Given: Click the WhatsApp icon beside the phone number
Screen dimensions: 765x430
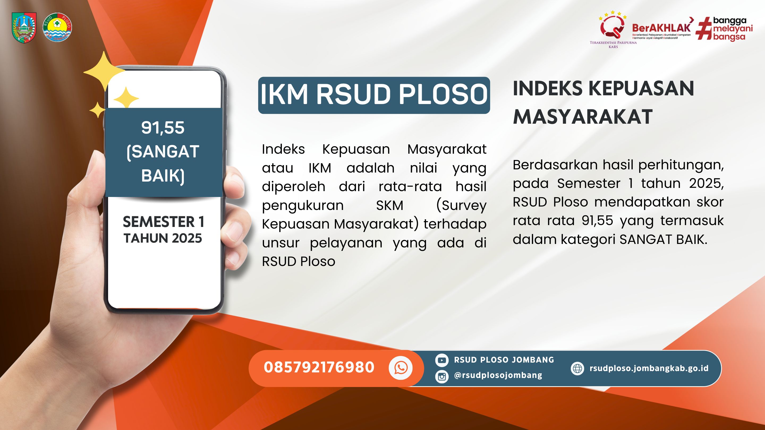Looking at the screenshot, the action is (401, 368).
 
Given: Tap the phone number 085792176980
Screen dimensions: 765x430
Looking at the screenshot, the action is (319, 367).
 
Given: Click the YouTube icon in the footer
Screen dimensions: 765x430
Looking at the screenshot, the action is (441, 360).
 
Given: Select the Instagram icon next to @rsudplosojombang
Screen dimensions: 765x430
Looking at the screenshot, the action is (441, 377).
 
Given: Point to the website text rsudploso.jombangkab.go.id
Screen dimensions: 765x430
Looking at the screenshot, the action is (649, 368).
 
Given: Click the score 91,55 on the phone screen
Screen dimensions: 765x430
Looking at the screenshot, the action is (163, 128).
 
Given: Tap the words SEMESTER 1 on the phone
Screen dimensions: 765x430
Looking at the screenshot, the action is (163, 222).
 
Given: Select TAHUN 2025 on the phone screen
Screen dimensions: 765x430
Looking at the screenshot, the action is (163, 238).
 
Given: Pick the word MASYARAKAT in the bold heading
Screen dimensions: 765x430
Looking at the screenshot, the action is (583, 117).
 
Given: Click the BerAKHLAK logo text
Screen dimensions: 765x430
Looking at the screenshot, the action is (662, 28).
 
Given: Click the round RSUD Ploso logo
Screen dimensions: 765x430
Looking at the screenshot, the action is (57, 27).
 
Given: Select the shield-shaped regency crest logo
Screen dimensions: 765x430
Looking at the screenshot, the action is (24, 27).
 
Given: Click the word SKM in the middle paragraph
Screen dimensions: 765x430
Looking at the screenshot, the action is (390, 205).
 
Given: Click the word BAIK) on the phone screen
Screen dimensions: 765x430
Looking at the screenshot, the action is (163, 176).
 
